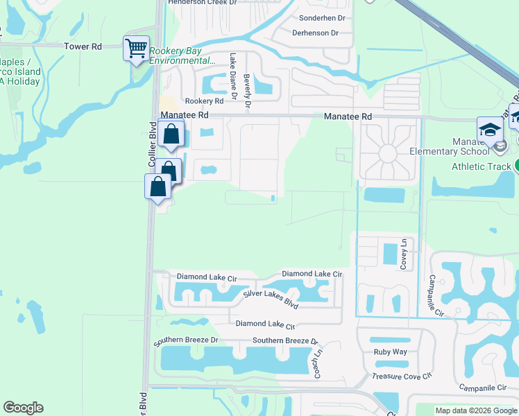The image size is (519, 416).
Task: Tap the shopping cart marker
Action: click(x=136, y=49)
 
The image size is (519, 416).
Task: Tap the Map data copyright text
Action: click(x=476, y=410)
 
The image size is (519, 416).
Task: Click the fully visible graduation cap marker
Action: click(x=489, y=131)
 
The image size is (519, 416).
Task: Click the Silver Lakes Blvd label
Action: click(x=270, y=300)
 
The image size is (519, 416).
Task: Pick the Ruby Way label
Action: click(x=390, y=352)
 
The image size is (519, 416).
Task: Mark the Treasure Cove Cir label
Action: click(x=402, y=376)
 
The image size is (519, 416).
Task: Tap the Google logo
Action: click(x=23, y=408)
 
